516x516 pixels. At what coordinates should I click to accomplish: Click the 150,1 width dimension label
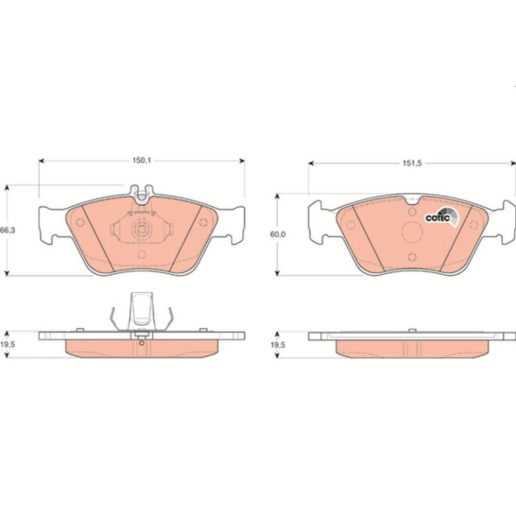click(x=141, y=161)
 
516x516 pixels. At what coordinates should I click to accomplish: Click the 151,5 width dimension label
click(x=412, y=164)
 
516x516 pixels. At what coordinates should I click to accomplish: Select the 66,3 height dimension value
click(x=7, y=231)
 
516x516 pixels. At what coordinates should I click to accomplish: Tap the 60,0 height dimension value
click(x=277, y=235)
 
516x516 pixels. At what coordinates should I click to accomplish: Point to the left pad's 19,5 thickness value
click(x=7, y=344)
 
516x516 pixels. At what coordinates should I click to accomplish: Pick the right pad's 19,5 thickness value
click(x=277, y=345)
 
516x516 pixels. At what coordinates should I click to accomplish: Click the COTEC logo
click(x=442, y=217)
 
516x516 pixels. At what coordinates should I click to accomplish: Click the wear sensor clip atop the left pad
click(x=142, y=194)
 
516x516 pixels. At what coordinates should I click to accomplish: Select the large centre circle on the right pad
click(x=412, y=232)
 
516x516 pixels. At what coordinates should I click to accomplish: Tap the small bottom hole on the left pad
click(x=142, y=255)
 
